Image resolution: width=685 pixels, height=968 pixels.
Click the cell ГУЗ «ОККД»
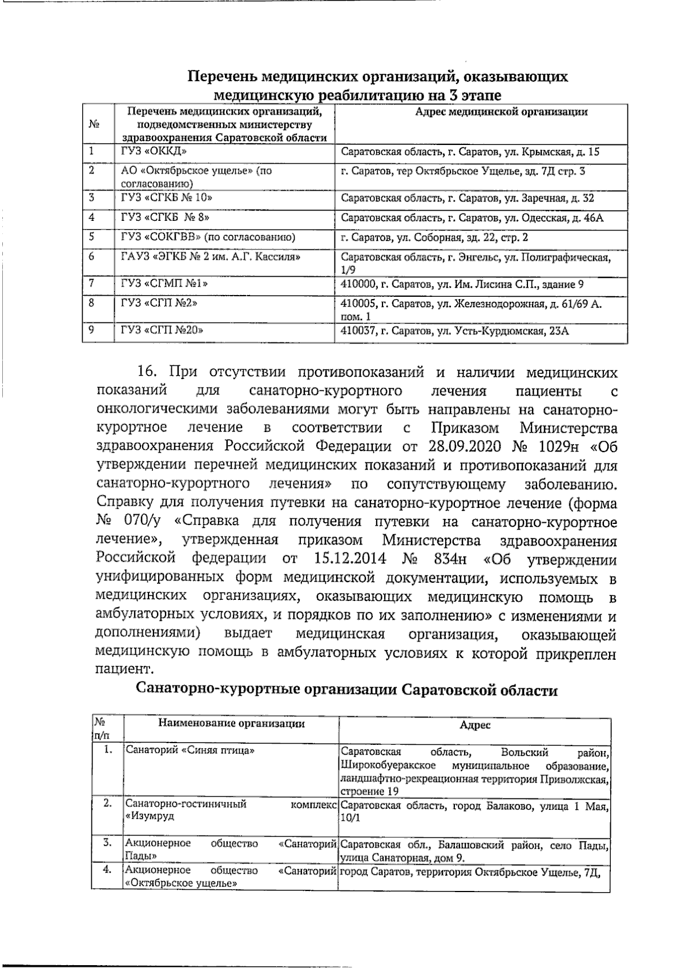[154, 152]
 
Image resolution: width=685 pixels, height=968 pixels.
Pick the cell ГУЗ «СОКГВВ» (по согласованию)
[208, 237]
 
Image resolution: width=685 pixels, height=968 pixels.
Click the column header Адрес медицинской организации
[501, 112]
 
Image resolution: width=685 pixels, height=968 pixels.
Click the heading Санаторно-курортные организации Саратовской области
[346, 691]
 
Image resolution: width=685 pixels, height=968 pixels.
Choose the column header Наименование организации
[231, 724]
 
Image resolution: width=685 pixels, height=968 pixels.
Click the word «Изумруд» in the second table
[150, 816]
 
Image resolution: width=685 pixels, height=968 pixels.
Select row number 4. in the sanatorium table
[106, 870]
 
